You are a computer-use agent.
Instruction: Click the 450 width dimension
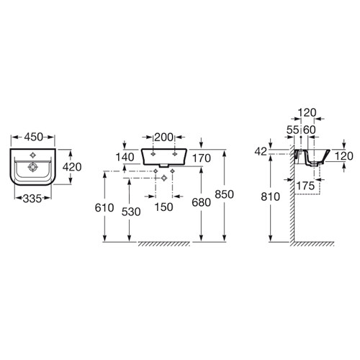click(x=33, y=137)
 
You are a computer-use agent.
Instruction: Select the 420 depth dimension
click(x=72, y=167)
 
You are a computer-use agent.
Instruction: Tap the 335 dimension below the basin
click(x=32, y=199)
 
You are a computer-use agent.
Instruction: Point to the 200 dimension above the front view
click(x=163, y=138)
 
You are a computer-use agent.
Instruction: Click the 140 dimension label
click(x=125, y=158)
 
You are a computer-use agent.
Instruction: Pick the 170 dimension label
click(x=202, y=158)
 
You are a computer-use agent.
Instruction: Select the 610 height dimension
click(x=104, y=208)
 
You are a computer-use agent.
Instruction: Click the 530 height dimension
click(x=131, y=212)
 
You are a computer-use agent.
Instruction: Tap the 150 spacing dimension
click(x=163, y=207)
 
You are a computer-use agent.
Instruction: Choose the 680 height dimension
click(x=201, y=202)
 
